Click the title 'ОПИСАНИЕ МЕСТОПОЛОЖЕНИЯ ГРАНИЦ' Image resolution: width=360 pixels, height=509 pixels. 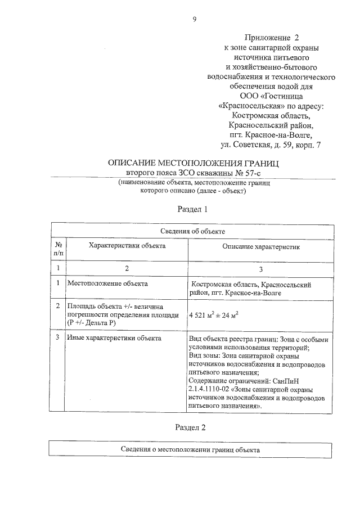click(x=193, y=163)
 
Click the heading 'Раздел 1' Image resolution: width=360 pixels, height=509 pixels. click(x=193, y=209)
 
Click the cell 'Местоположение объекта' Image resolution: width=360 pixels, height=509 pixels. click(x=107, y=285)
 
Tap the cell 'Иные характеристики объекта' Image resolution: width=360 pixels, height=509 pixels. click(x=114, y=338)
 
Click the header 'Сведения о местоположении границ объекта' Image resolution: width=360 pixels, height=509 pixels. click(x=191, y=450)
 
